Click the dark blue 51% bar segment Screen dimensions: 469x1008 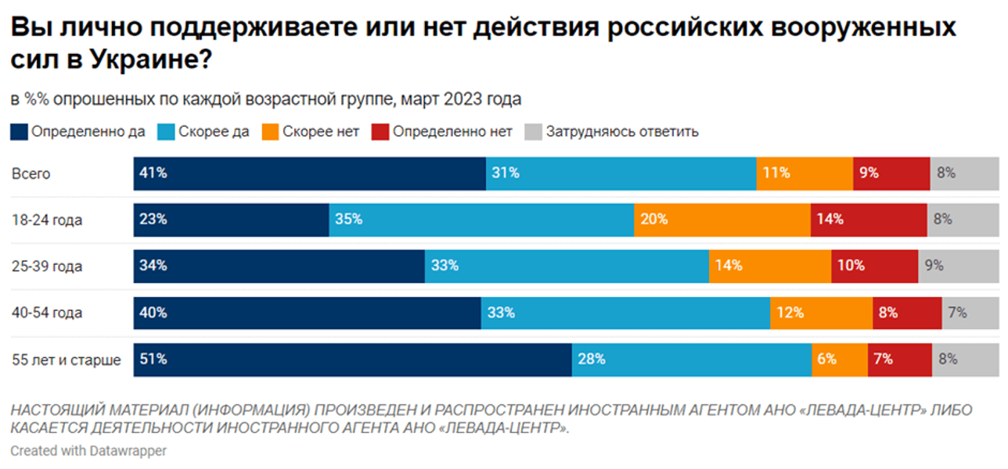(x=352, y=360)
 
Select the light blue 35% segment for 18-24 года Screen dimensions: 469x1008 (x=481, y=220)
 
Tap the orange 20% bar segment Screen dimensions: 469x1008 (x=722, y=220)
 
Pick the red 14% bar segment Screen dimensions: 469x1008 (x=868, y=220)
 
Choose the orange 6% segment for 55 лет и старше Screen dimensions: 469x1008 (x=839, y=360)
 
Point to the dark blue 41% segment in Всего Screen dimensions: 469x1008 (x=309, y=174)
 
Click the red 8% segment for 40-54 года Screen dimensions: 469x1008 (x=906, y=313)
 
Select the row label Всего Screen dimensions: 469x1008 (x=31, y=174)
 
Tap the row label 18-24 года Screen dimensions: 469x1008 (x=47, y=220)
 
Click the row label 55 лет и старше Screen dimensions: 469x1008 (x=67, y=360)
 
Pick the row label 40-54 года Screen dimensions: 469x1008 (x=47, y=313)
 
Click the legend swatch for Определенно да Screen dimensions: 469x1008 (x=19, y=131)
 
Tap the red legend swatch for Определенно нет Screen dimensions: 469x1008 (x=381, y=131)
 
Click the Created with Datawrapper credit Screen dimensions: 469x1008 (x=88, y=451)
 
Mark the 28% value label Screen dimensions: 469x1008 (x=592, y=360)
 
